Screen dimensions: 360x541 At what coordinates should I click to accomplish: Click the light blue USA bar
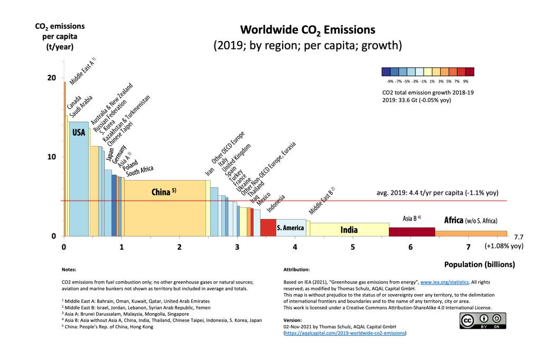coord(78,179)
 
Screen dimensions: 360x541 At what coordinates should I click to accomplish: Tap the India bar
coord(349,230)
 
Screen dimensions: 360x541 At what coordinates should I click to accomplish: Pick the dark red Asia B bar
coord(412,232)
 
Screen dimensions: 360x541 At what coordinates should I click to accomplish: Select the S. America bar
coord(291,228)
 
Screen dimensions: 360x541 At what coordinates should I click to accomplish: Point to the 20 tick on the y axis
coord(52,78)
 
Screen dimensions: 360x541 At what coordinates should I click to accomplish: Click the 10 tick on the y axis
coord(52,157)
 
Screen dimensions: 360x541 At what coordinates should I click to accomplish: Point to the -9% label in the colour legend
coord(390,82)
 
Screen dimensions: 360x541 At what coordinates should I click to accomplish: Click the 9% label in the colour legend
coord(466,82)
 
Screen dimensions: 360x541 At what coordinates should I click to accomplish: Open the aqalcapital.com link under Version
coord(345,334)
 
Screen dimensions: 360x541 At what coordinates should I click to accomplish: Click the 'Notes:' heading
coord(69,269)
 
